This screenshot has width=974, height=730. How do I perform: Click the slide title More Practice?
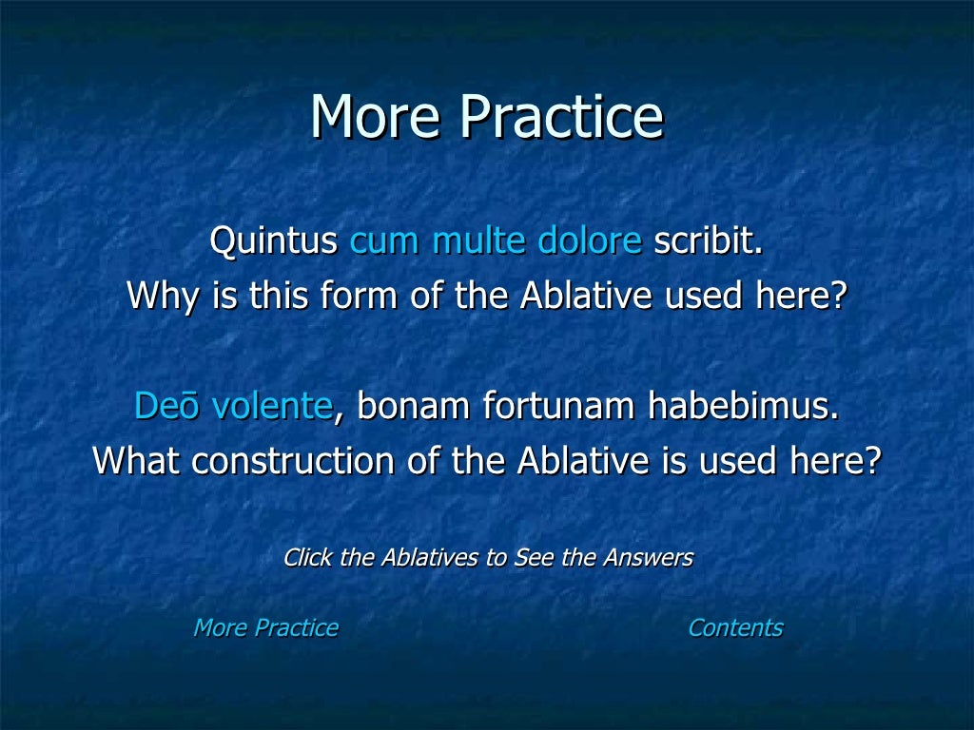pyautogui.click(x=486, y=118)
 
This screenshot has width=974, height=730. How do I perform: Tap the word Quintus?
pyautogui.click(x=273, y=241)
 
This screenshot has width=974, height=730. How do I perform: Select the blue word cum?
pyautogui.click(x=385, y=241)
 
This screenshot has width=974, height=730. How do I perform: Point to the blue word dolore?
pyautogui.click(x=590, y=241)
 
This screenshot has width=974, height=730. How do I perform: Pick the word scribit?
pyautogui.click(x=708, y=241)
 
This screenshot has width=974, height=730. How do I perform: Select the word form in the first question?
pyautogui.click(x=360, y=297)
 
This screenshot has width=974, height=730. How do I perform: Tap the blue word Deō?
pyautogui.click(x=167, y=406)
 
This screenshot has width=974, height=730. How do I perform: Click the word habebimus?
pyautogui.click(x=744, y=406)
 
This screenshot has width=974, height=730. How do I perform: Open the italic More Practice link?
pyautogui.click(x=265, y=628)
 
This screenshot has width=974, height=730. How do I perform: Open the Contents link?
pyautogui.click(x=735, y=628)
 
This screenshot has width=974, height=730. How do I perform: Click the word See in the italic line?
pyautogui.click(x=530, y=558)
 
